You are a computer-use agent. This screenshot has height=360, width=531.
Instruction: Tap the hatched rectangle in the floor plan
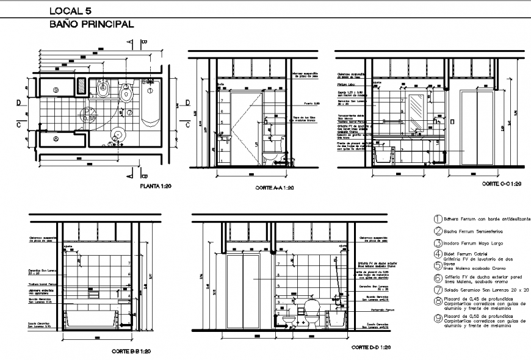coord(81,86)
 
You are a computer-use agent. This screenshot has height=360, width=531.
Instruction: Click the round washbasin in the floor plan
coord(118,134)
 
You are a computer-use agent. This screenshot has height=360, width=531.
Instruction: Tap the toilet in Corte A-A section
coord(273,157)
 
